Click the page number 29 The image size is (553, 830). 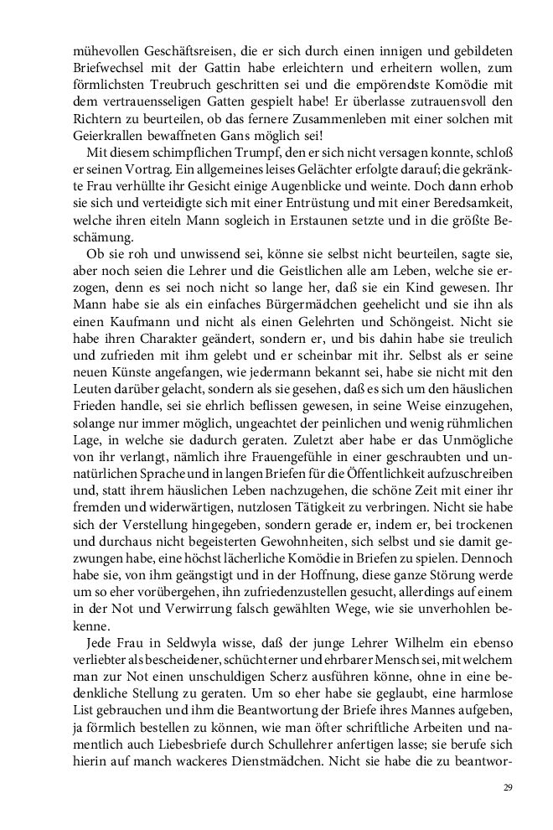tap(508, 787)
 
